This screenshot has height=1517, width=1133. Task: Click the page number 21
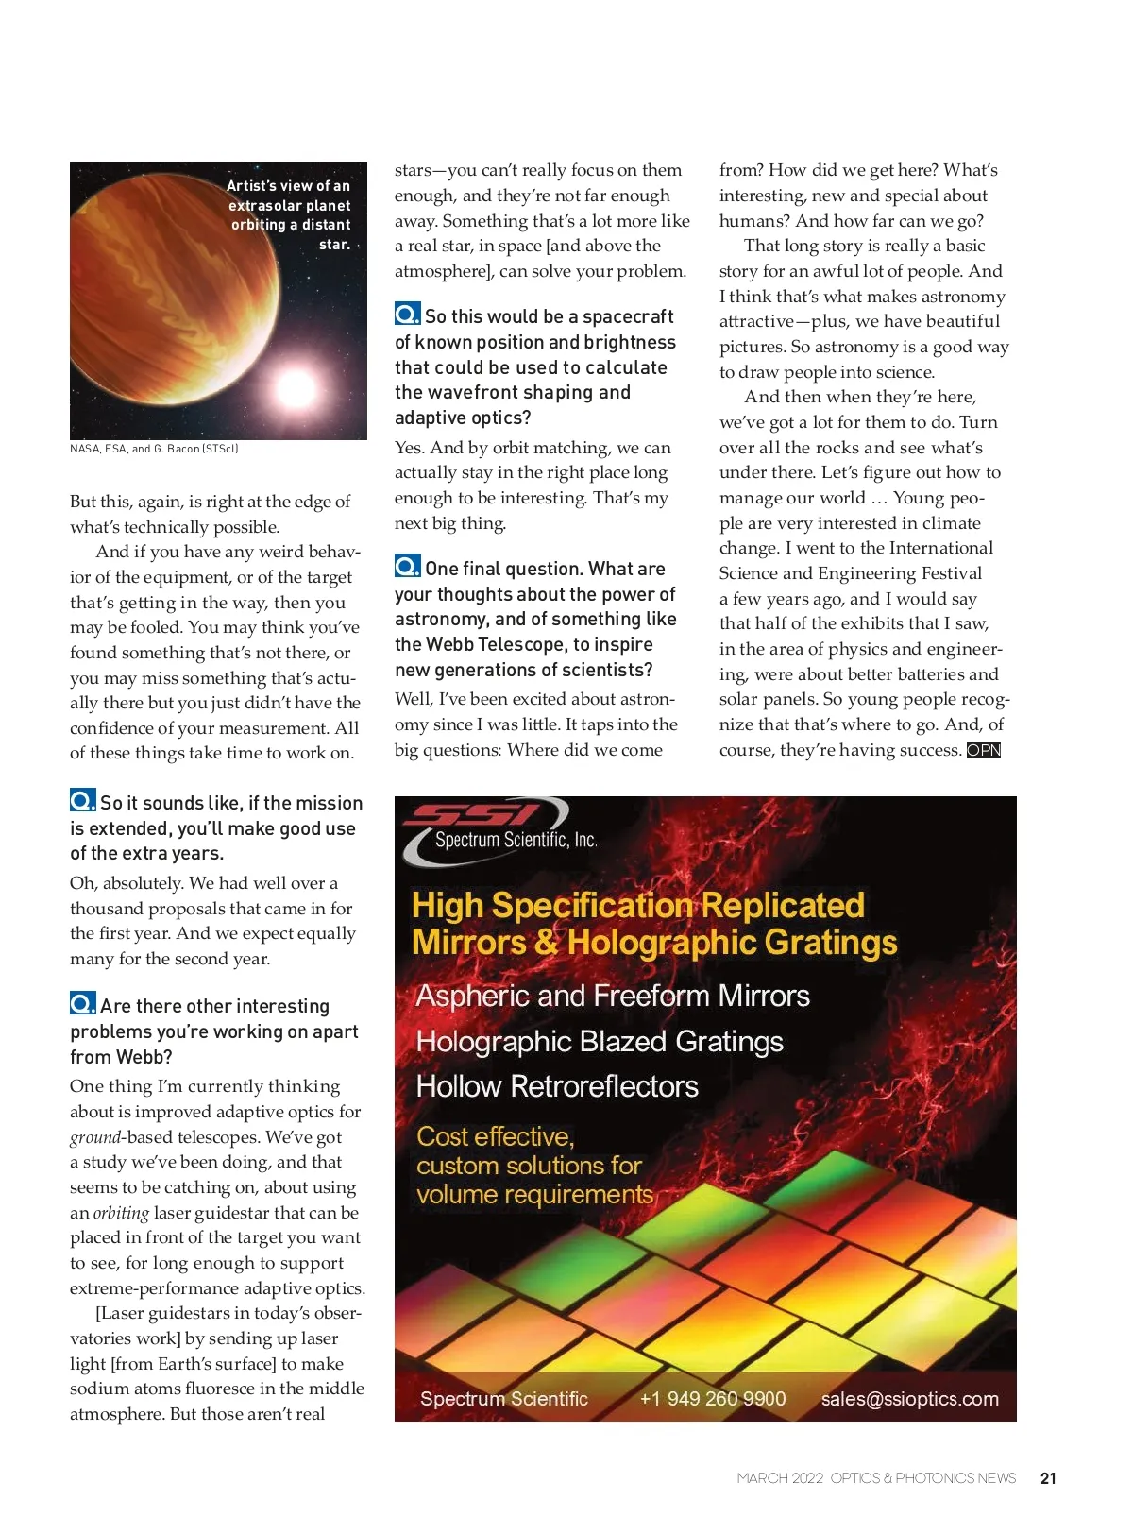coord(1048,1478)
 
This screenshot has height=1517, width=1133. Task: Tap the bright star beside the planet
coord(296,387)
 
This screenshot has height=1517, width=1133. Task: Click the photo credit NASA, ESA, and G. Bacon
coord(154,449)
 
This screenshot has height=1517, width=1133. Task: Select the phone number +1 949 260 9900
coord(712,1398)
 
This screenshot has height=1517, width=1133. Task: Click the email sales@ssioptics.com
coord(909,1398)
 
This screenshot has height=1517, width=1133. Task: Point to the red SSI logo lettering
coord(477,813)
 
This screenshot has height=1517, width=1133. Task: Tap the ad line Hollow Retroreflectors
coord(557,1086)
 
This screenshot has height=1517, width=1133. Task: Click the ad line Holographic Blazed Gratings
coord(600,1041)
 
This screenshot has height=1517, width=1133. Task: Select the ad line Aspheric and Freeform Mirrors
coord(613,996)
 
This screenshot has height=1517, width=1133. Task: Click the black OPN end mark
coord(983,750)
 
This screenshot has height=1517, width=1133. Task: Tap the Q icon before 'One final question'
coord(407,567)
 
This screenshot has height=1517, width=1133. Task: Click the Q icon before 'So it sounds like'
coord(82,801)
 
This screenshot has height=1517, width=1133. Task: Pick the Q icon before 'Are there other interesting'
coord(82,1003)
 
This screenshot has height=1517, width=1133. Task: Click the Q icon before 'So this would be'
coord(407,314)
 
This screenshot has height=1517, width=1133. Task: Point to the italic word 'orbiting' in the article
coord(121,1212)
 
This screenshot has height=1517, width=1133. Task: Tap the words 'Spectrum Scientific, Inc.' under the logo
coord(516,840)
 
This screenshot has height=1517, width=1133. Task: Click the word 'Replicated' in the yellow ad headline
coord(782,905)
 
